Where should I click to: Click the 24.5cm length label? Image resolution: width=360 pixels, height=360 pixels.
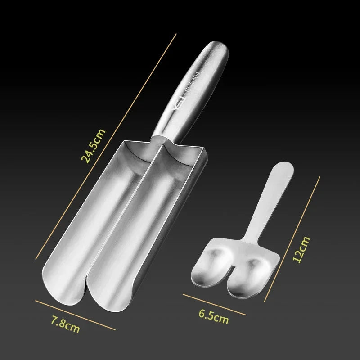point(93,146)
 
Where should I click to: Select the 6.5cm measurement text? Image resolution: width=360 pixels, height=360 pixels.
point(213,316)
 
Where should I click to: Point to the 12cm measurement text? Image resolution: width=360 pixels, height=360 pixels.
point(301,250)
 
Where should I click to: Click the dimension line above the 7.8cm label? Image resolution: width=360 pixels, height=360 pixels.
point(75,315)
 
